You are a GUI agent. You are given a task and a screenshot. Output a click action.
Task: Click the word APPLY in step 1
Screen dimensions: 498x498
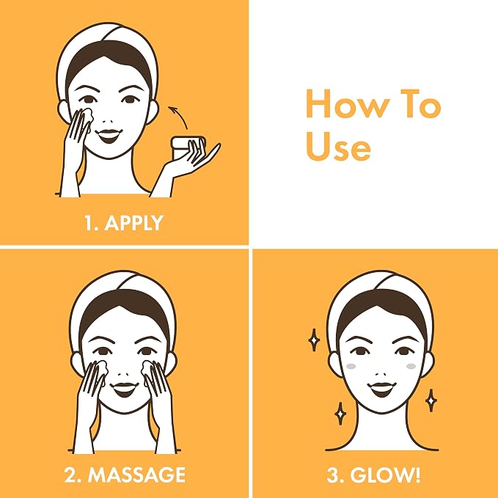pyautogui.click(x=133, y=223)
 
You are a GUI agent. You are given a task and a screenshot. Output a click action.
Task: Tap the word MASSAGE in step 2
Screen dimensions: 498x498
pyautogui.click(x=137, y=475)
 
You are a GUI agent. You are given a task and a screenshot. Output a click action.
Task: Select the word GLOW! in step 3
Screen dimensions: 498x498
pyautogui.click(x=385, y=475)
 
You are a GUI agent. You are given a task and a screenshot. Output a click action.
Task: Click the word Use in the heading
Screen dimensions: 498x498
pyautogui.click(x=338, y=147)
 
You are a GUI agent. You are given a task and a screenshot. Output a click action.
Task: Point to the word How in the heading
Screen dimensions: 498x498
pyautogui.click(x=348, y=103)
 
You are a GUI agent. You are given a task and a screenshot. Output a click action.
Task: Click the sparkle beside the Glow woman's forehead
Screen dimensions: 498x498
pyautogui.click(x=314, y=340)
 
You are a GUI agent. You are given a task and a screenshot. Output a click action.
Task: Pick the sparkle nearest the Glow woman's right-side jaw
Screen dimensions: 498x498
pyautogui.click(x=431, y=400)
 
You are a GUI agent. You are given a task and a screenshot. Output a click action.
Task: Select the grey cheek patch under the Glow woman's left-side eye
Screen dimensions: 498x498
pyautogui.click(x=351, y=366)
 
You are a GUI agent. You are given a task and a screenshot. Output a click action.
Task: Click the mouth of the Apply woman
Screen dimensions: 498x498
pyautogui.click(x=109, y=136)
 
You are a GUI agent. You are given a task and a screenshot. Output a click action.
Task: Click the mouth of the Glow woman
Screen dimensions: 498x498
pyautogui.click(x=382, y=389)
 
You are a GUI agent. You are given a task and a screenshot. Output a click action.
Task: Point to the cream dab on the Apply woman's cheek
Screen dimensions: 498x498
pyautogui.click(x=87, y=116)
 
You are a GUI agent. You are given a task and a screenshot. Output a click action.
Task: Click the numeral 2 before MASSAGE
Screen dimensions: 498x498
pyautogui.click(x=71, y=475)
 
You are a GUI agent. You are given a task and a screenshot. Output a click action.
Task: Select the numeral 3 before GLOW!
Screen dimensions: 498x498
pyautogui.click(x=333, y=475)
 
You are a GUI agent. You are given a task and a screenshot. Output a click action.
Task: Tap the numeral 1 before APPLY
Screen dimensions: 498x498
pyautogui.click(x=89, y=223)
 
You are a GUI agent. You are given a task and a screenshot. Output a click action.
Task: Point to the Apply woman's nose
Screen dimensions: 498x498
pyautogui.click(x=108, y=121)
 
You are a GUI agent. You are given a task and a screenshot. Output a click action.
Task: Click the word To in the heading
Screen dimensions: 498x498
pyautogui.click(x=420, y=103)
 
